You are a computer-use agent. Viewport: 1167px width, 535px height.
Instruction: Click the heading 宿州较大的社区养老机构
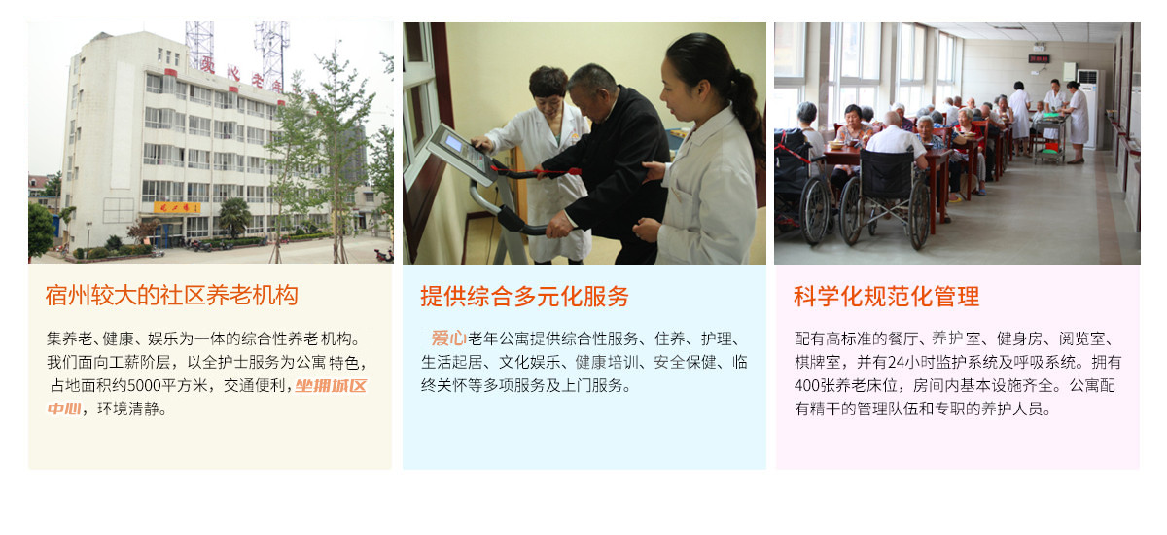[x=171, y=296]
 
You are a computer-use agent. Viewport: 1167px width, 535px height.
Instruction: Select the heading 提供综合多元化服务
[x=524, y=296]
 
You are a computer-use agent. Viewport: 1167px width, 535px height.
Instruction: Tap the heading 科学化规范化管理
[x=886, y=296]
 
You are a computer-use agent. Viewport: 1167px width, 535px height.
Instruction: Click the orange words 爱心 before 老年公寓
[x=448, y=339]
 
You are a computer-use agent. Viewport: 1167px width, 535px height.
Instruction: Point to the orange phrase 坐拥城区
[x=331, y=385]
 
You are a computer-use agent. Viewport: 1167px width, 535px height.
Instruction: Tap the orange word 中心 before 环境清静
[x=64, y=409]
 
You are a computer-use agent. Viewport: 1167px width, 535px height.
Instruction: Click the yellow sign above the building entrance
[x=177, y=208]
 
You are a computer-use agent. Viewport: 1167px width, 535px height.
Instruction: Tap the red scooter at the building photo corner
[x=383, y=255]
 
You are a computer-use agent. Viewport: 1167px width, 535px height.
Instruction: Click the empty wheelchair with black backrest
[x=886, y=198]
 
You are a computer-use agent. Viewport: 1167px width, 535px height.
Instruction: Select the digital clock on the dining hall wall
[x=1039, y=59]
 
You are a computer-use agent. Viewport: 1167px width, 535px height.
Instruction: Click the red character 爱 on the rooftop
[x=207, y=64]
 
